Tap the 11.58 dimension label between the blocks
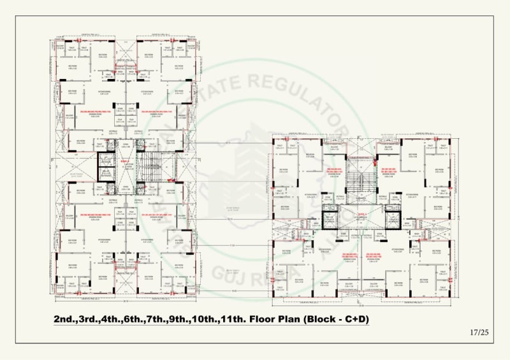tap(233, 243)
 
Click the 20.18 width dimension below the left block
tap(127, 300)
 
